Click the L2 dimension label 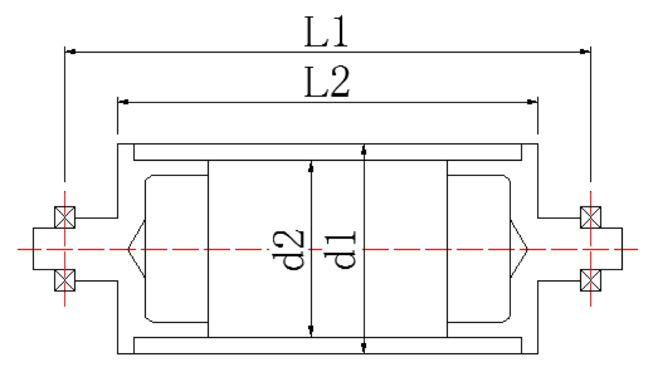tap(327, 83)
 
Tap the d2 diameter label tap(293, 250)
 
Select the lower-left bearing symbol tap(65, 280)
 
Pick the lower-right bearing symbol tap(590, 280)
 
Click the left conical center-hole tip tap(129, 249)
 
